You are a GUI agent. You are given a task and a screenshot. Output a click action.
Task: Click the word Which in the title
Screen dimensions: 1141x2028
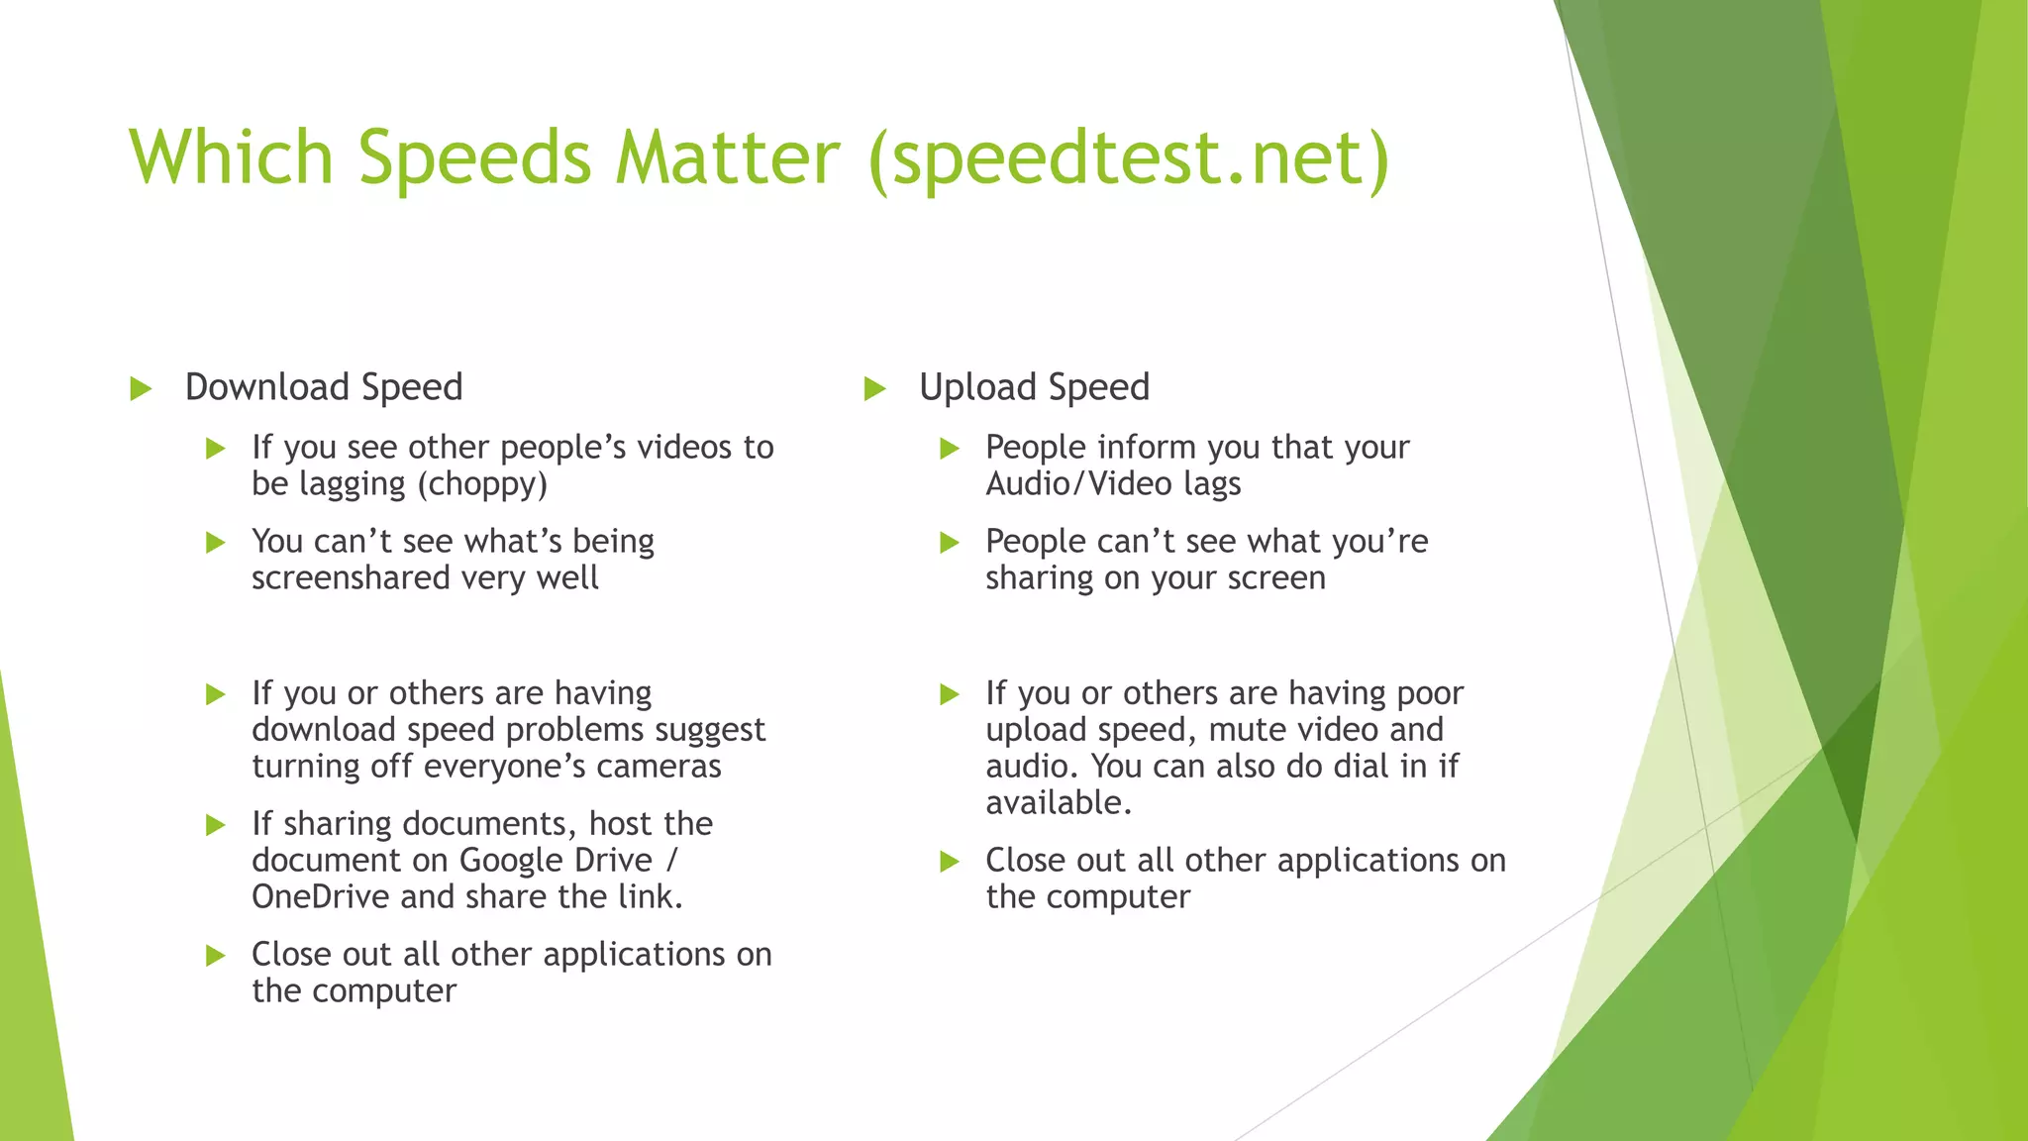coord(231,156)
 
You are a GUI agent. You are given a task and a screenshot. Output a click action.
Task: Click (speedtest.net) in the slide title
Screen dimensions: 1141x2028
coord(1129,158)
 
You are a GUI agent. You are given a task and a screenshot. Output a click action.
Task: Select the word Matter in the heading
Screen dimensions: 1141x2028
coord(727,156)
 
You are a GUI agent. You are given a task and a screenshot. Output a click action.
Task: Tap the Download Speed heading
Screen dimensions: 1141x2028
coord(324,387)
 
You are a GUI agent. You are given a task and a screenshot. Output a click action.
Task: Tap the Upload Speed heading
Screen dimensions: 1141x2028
coord(1034,387)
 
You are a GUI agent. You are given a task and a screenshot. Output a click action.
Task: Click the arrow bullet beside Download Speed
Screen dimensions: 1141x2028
coord(141,388)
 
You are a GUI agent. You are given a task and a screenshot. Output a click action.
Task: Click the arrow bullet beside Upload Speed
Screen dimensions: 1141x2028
coord(874,388)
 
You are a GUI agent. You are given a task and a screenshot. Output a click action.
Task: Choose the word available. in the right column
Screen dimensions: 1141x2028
coord(1058,803)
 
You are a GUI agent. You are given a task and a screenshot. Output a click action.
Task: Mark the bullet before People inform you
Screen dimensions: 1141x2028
coord(950,449)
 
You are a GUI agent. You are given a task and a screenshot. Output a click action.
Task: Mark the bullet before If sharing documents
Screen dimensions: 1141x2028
coord(216,825)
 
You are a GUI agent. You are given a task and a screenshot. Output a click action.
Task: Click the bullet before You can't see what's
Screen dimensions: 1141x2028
coord(216,543)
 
